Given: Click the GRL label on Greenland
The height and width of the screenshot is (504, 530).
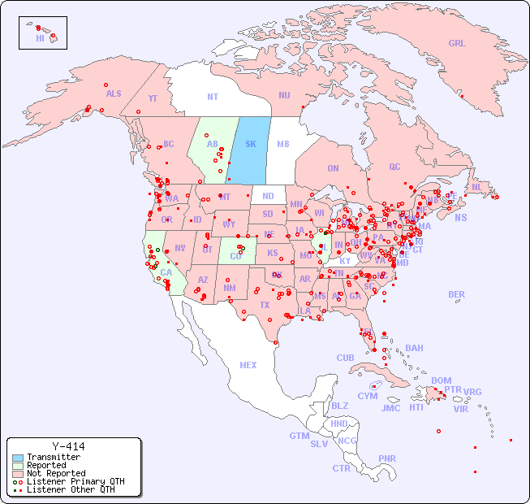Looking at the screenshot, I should (457, 43).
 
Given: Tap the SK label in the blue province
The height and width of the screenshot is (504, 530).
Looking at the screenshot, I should (250, 144).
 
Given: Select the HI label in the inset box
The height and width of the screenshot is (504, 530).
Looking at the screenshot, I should (40, 38).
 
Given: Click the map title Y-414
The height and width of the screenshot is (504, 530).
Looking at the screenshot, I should (68, 446).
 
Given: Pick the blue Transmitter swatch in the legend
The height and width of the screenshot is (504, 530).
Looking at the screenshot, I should (18, 458).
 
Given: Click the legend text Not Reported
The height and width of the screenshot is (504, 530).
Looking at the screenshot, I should (56, 473).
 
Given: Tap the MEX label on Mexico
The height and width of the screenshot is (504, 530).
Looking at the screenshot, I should (248, 365).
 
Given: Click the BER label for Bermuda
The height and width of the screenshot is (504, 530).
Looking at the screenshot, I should (456, 294).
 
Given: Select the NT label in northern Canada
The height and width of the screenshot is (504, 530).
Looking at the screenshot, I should (212, 96).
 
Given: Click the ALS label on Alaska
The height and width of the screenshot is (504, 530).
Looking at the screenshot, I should (114, 93).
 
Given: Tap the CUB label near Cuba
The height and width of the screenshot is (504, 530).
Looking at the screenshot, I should (345, 358).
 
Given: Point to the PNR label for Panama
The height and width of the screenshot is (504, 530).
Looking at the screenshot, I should (387, 458).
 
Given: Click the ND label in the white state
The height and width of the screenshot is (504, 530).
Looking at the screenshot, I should (268, 196).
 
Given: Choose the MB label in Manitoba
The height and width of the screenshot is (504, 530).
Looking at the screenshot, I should (283, 144).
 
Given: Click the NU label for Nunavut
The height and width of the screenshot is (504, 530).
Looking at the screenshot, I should (284, 95).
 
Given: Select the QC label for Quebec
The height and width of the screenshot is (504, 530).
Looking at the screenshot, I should (394, 167).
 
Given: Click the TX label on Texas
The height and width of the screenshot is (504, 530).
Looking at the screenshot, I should (265, 305).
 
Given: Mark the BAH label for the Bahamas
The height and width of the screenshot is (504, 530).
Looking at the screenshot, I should (414, 348).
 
